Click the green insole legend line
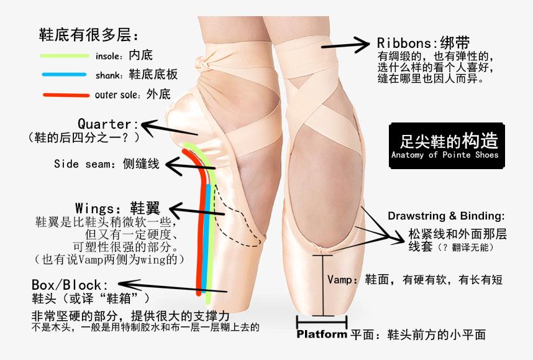pyautogui.click(x=65, y=55)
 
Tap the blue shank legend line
pyautogui.click(x=65, y=75)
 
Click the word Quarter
pyautogui.click(x=104, y=124)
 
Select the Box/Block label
pyautogui.click(x=66, y=284)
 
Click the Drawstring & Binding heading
pyautogui.click(x=446, y=216)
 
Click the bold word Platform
pyautogui.click(x=322, y=334)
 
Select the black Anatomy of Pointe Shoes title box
pyautogui.click(x=444, y=144)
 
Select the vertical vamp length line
pyautogui.click(x=322, y=283)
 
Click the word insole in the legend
pyautogui.click(x=109, y=55)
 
